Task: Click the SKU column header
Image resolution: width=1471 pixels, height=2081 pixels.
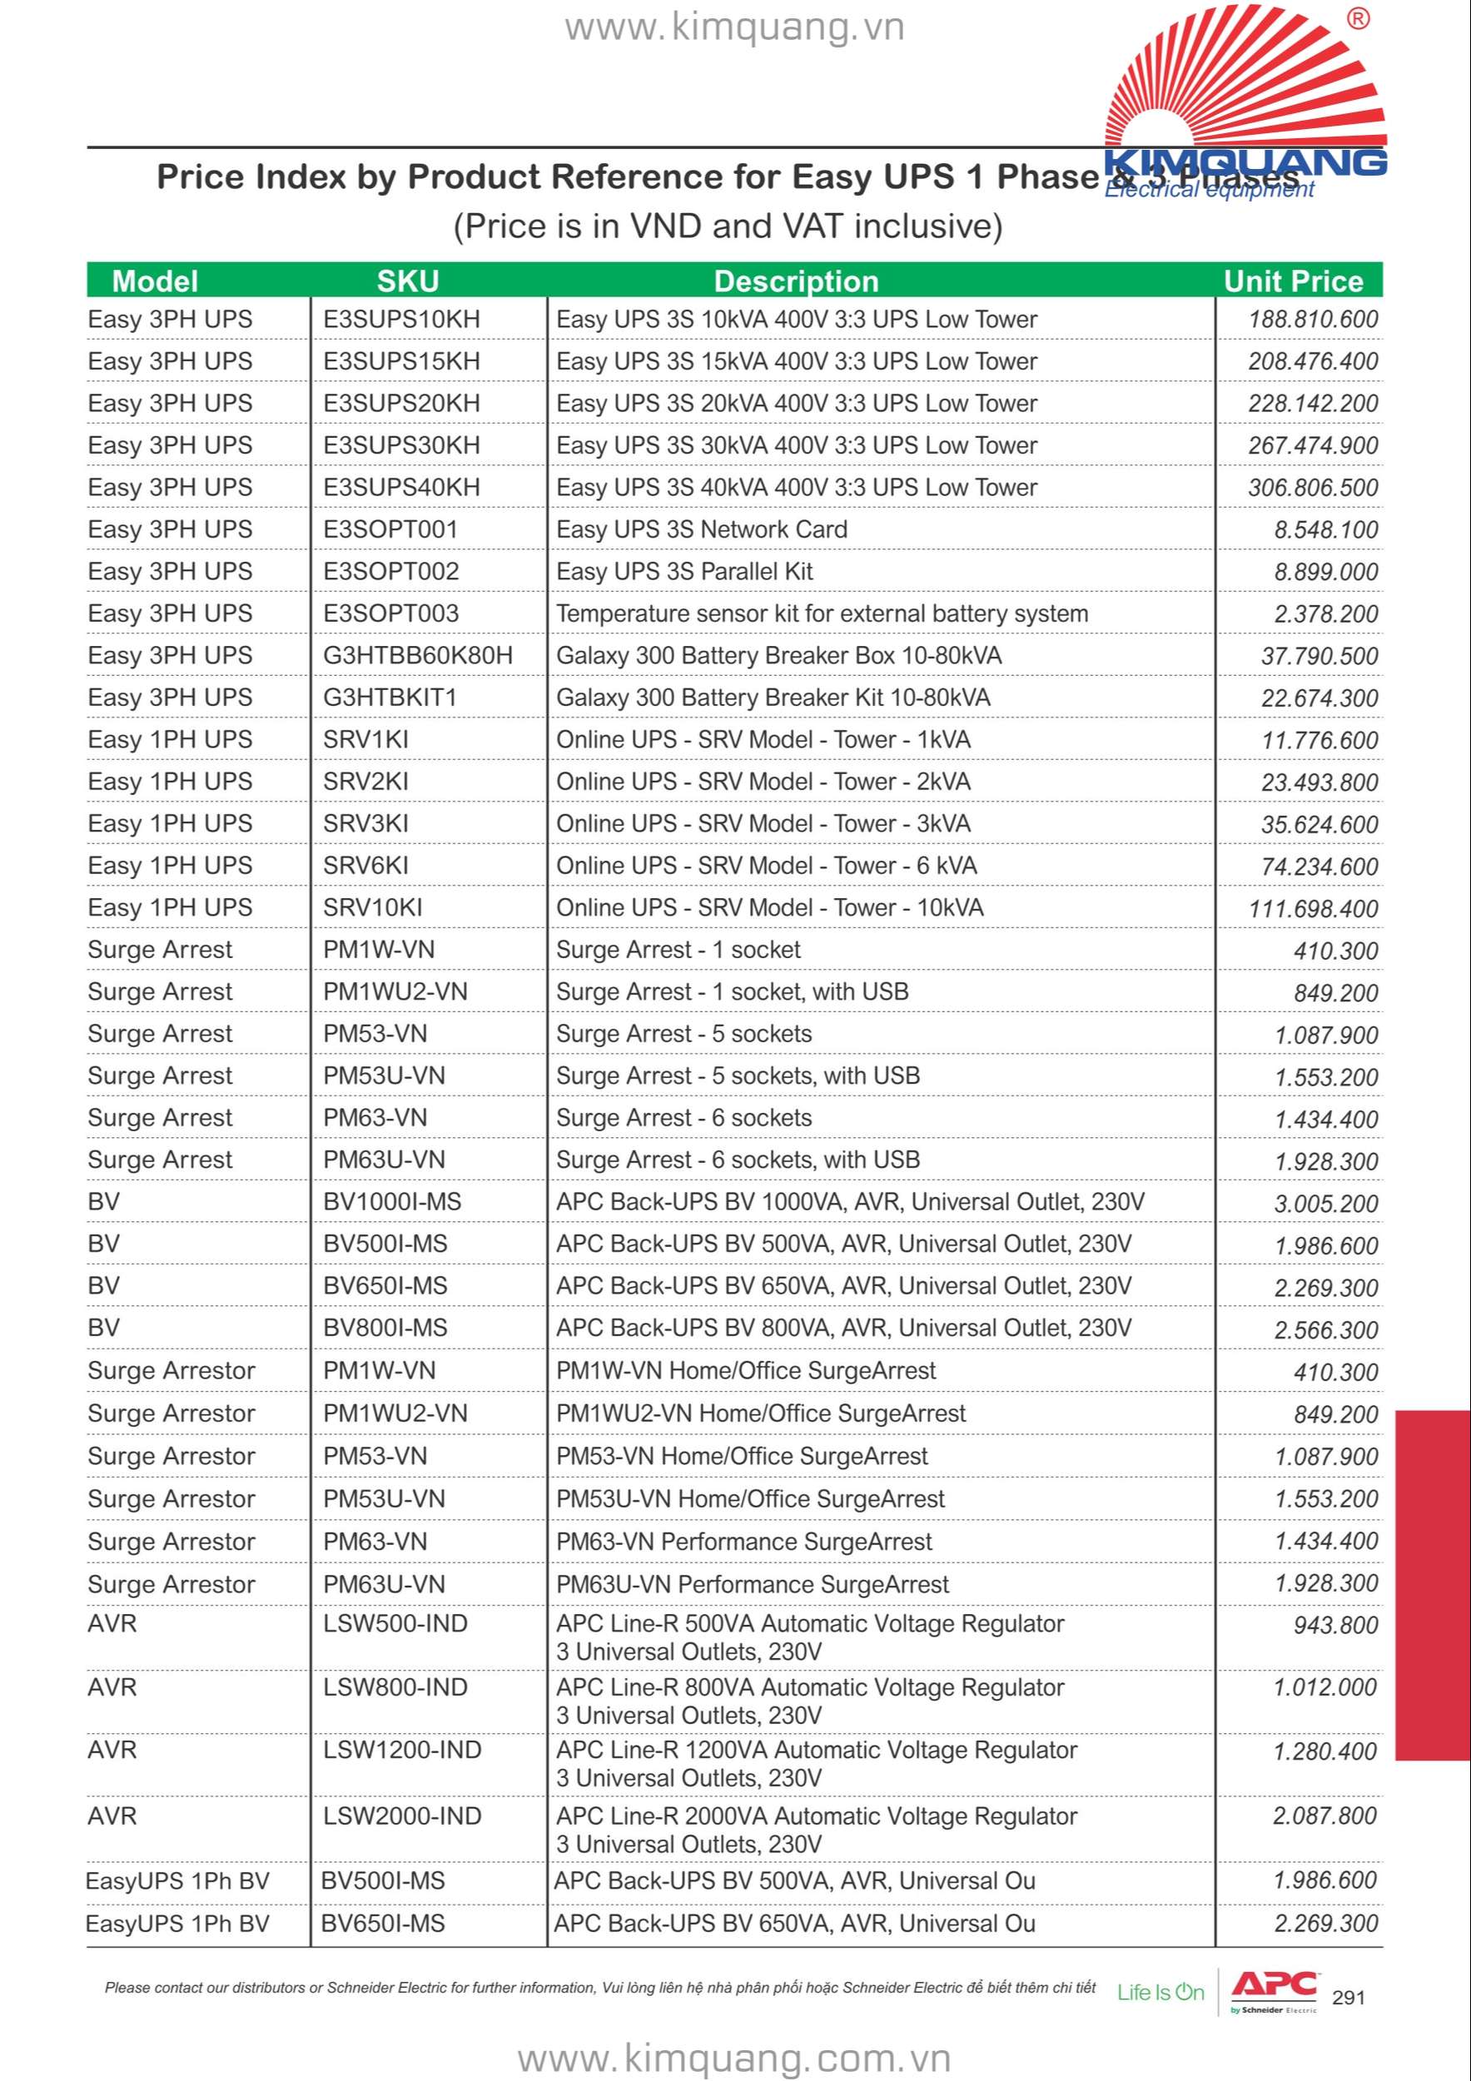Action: click(407, 281)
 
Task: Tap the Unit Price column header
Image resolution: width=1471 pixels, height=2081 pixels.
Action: click(1293, 281)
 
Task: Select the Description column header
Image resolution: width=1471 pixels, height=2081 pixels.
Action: click(796, 281)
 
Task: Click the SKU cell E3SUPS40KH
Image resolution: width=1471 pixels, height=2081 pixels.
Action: click(401, 488)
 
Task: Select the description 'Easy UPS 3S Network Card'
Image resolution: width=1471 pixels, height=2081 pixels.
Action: click(702, 529)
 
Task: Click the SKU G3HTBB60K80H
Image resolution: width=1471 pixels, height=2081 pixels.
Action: click(418, 655)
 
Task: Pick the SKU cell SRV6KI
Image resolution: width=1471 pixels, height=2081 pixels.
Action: click(365, 866)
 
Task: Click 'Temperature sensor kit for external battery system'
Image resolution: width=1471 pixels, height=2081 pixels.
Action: click(822, 613)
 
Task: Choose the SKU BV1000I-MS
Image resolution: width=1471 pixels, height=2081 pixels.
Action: click(391, 1202)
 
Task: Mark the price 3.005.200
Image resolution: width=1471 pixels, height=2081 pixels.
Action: click(1326, 1204)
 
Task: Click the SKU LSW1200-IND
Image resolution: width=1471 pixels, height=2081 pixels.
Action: click(401, 1751)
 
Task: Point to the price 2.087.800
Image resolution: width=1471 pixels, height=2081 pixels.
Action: click(1324, 1815)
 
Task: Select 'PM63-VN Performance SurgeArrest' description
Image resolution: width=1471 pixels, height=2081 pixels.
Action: click(743, 1542)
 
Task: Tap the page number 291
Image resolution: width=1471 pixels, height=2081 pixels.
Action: click(1349, 1997)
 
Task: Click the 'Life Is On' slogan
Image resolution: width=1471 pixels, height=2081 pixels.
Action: click(1160, 1992)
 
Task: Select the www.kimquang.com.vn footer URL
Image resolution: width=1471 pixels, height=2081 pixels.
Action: click(734, 2058)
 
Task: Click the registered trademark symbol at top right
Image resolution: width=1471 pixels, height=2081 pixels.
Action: click(1358, 19)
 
